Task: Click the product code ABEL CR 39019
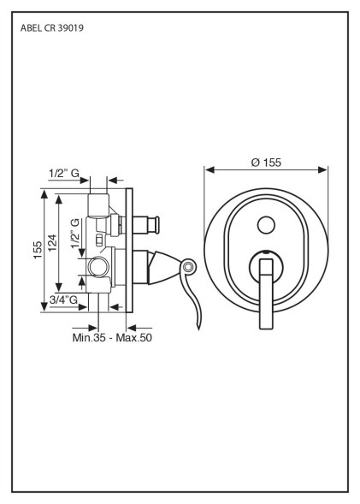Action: tap(52, 28)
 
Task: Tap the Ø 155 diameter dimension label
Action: tap(266, 163)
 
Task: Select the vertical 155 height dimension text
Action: tap(38, 250)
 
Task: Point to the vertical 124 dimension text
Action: tap(52, 243)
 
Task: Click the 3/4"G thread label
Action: tap(63, 299)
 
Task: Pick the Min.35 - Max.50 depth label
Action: tap(112, 337)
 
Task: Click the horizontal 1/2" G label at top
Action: tap(64, 173)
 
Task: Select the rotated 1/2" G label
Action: tap(75, 233)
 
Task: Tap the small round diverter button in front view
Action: tap(266, 225)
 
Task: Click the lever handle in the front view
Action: tap(266, 294)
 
